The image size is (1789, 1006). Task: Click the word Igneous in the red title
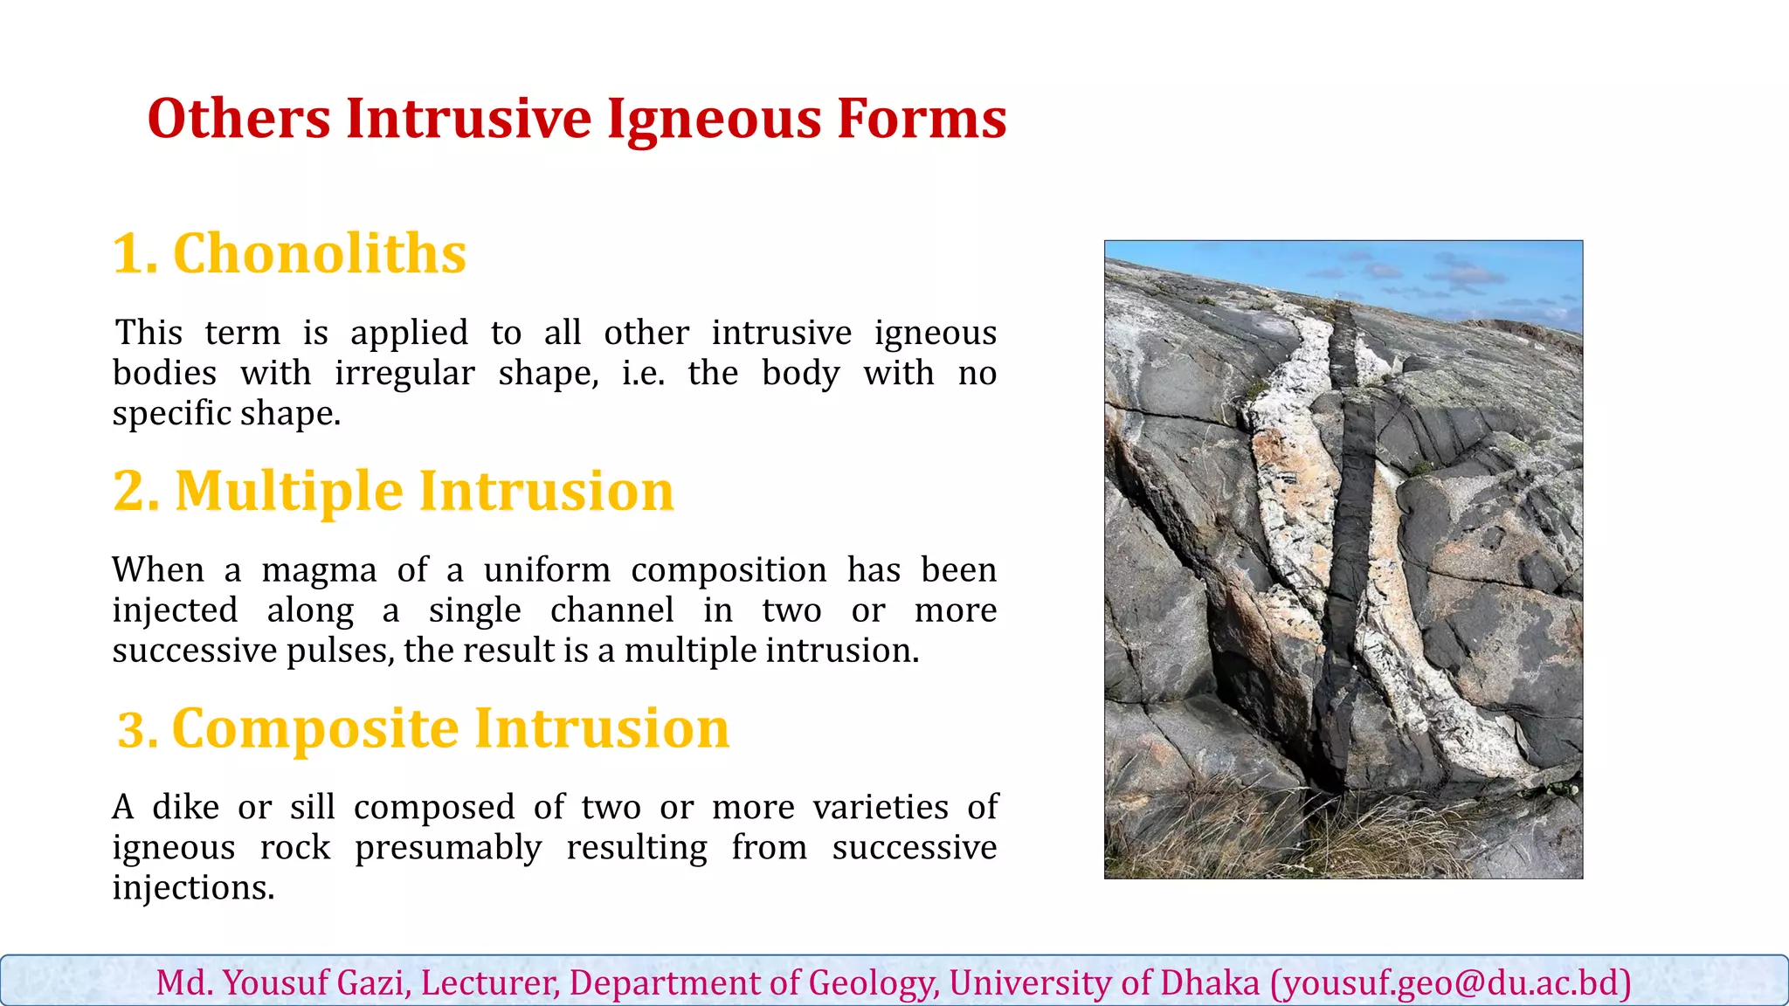click(x=714, y=120)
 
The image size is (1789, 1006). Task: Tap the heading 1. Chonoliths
click(x=289, y=254)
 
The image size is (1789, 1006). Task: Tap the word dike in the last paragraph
click(x=185, y=808)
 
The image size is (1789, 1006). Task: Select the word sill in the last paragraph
click(x=313, y=808)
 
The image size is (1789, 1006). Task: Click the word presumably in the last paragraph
click(x=447, y=848)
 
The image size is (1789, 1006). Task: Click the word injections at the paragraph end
click(x=193, y=888)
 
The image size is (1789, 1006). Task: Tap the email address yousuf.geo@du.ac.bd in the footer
click(x=1451, y=983)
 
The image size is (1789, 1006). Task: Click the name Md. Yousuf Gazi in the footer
click(x=280, y=983)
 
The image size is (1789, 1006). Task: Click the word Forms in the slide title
click(x=921, y=120)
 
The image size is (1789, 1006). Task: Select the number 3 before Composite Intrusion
click(x=132, y=730)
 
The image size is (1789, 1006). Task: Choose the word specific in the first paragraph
click(x=171, y=414)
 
